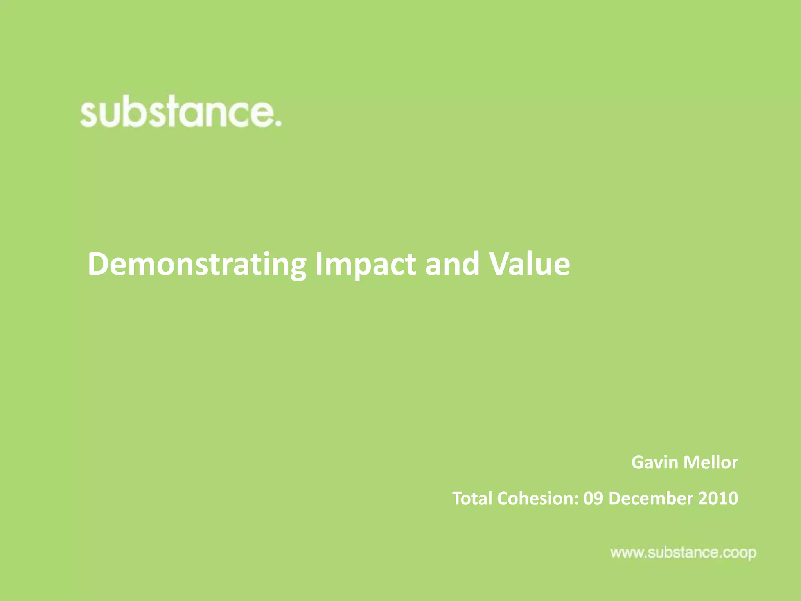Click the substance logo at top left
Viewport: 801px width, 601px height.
click(x=180, y=113)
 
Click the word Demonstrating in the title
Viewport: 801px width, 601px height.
click(x=197, y=265)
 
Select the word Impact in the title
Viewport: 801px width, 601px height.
click(x=365, y=265)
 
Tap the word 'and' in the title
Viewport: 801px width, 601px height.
click(x=452, y=264)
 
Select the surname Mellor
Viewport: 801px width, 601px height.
click(x=711, y=462)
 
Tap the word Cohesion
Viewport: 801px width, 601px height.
click(x=535, y=498)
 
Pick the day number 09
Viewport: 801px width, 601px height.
click(x=593, y=498)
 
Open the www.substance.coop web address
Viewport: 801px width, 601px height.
click(x=683, y=553)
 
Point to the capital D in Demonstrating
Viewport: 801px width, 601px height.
click(x=97, y=264)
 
